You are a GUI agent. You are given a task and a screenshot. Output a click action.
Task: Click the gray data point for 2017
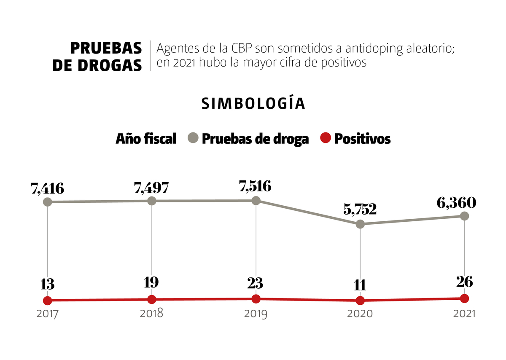point(48,202)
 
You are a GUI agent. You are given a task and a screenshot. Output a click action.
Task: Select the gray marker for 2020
point(360,224)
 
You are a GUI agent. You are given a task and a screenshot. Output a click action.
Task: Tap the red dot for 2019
point(256,299)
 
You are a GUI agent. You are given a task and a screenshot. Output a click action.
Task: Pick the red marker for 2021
point(464,298)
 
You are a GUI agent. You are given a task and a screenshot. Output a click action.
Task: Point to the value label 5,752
point(360,210)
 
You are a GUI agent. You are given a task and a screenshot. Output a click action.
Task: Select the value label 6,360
point(456,203)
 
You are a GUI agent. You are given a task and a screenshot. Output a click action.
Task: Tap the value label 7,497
point(151,188)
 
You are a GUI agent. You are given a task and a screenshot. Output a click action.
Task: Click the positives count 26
point(464,282)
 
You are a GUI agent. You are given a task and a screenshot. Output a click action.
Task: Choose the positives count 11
point(360,285)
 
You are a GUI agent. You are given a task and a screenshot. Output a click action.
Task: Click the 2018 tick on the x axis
point(152,314)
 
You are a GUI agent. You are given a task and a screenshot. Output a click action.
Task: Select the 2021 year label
point(464,314)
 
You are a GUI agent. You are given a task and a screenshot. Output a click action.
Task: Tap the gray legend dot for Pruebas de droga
point(193,138)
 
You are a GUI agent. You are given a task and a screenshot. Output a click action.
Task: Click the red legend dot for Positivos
point(326,138)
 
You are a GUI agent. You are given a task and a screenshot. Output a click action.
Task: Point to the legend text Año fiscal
point(146,139)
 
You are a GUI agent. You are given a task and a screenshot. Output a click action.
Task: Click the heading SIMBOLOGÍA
point(253,104)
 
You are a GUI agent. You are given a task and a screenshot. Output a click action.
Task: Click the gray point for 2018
point(152,201)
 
